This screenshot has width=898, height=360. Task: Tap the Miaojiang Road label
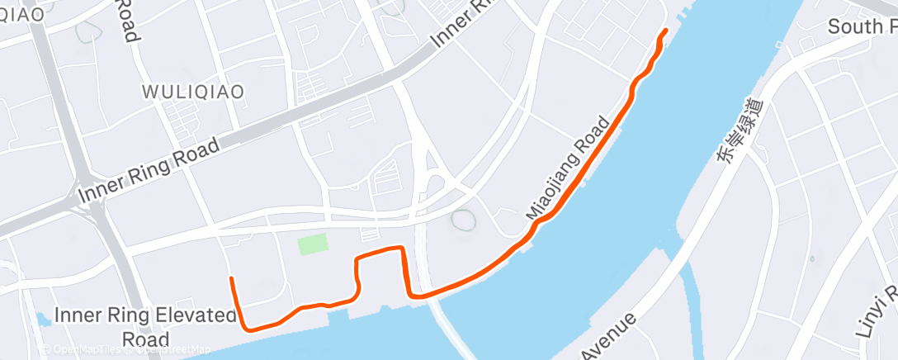(x=570, y=167)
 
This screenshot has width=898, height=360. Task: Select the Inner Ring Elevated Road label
(x=145, y=326)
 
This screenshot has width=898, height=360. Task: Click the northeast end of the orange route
(x=665, y=31)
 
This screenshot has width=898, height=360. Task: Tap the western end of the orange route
(x=231, y=279)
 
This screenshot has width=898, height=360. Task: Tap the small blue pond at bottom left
(x=43, y=319)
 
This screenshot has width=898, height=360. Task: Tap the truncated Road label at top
(x=125, y=20)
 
